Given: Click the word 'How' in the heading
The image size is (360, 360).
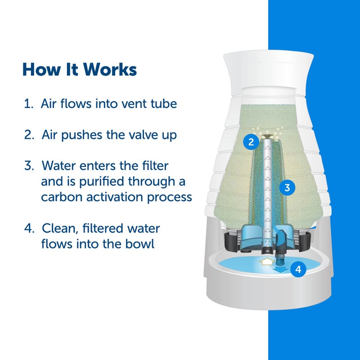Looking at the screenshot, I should tap(37, 70).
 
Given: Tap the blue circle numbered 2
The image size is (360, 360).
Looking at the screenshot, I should tap(251, 142).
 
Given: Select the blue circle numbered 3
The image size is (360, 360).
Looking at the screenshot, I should tap(287, 187).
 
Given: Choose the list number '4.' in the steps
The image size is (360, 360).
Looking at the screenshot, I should tap(30, 228).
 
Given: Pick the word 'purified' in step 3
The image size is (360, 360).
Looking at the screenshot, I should tap(103, 181).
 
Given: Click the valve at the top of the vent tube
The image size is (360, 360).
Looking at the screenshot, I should tap(268, 135).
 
